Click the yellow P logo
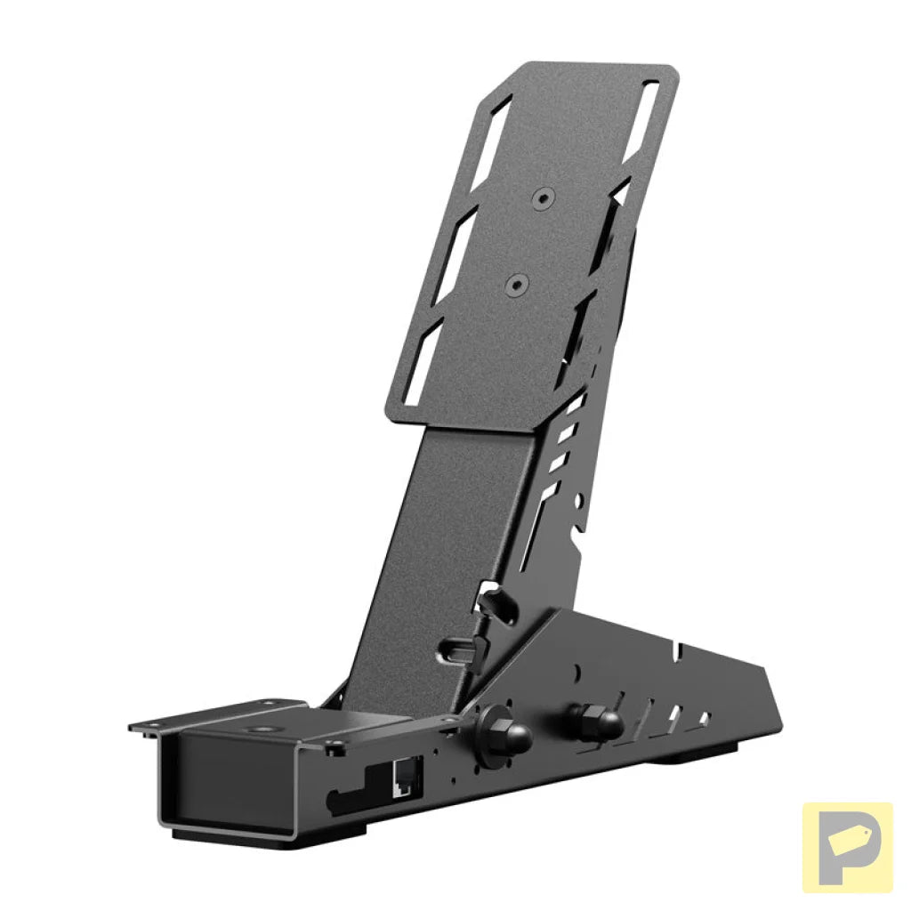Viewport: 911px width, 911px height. (847, 847)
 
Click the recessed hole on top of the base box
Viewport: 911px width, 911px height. (263, 729)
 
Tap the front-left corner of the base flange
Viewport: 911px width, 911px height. (133, 727)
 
